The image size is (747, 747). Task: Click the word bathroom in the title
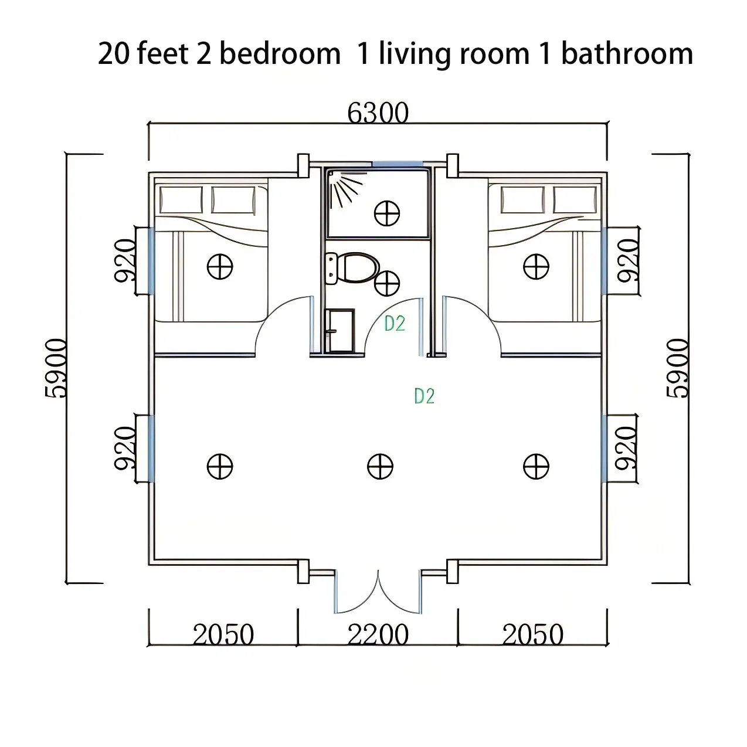[627, 54]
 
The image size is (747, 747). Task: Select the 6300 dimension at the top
[378, 113]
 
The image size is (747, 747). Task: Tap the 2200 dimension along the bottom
[378, 635]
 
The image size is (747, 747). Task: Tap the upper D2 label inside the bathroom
[395, 323]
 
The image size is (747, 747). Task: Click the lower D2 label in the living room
[424, 396]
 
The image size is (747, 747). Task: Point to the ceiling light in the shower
[387, 212]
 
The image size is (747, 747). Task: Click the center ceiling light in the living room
[380, 467]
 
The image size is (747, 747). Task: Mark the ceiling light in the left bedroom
[220, 267]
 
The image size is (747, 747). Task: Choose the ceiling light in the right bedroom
[536, 267]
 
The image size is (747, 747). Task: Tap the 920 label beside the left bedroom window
[125, 260]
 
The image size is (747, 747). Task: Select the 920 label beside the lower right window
[626, 447]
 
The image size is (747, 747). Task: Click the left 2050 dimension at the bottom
[223, 635]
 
